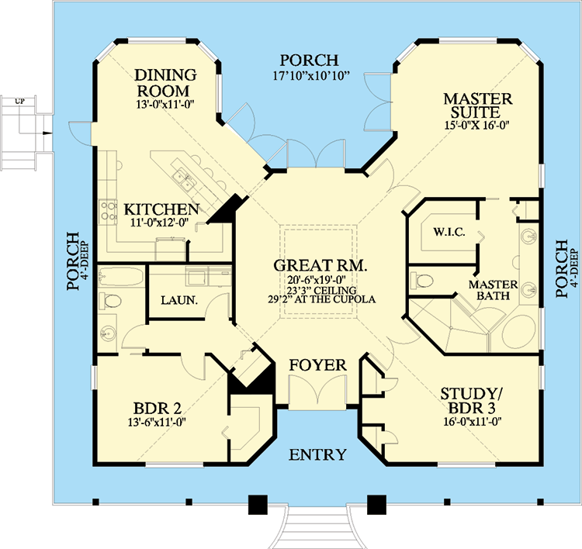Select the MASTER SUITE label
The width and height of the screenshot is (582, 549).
(477, 107)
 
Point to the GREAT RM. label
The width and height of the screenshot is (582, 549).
(320, 266)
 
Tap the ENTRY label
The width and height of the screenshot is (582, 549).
(317, 454)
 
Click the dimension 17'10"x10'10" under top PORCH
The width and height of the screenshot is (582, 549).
(310, 76)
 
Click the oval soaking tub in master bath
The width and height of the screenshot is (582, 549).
(514, 330)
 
